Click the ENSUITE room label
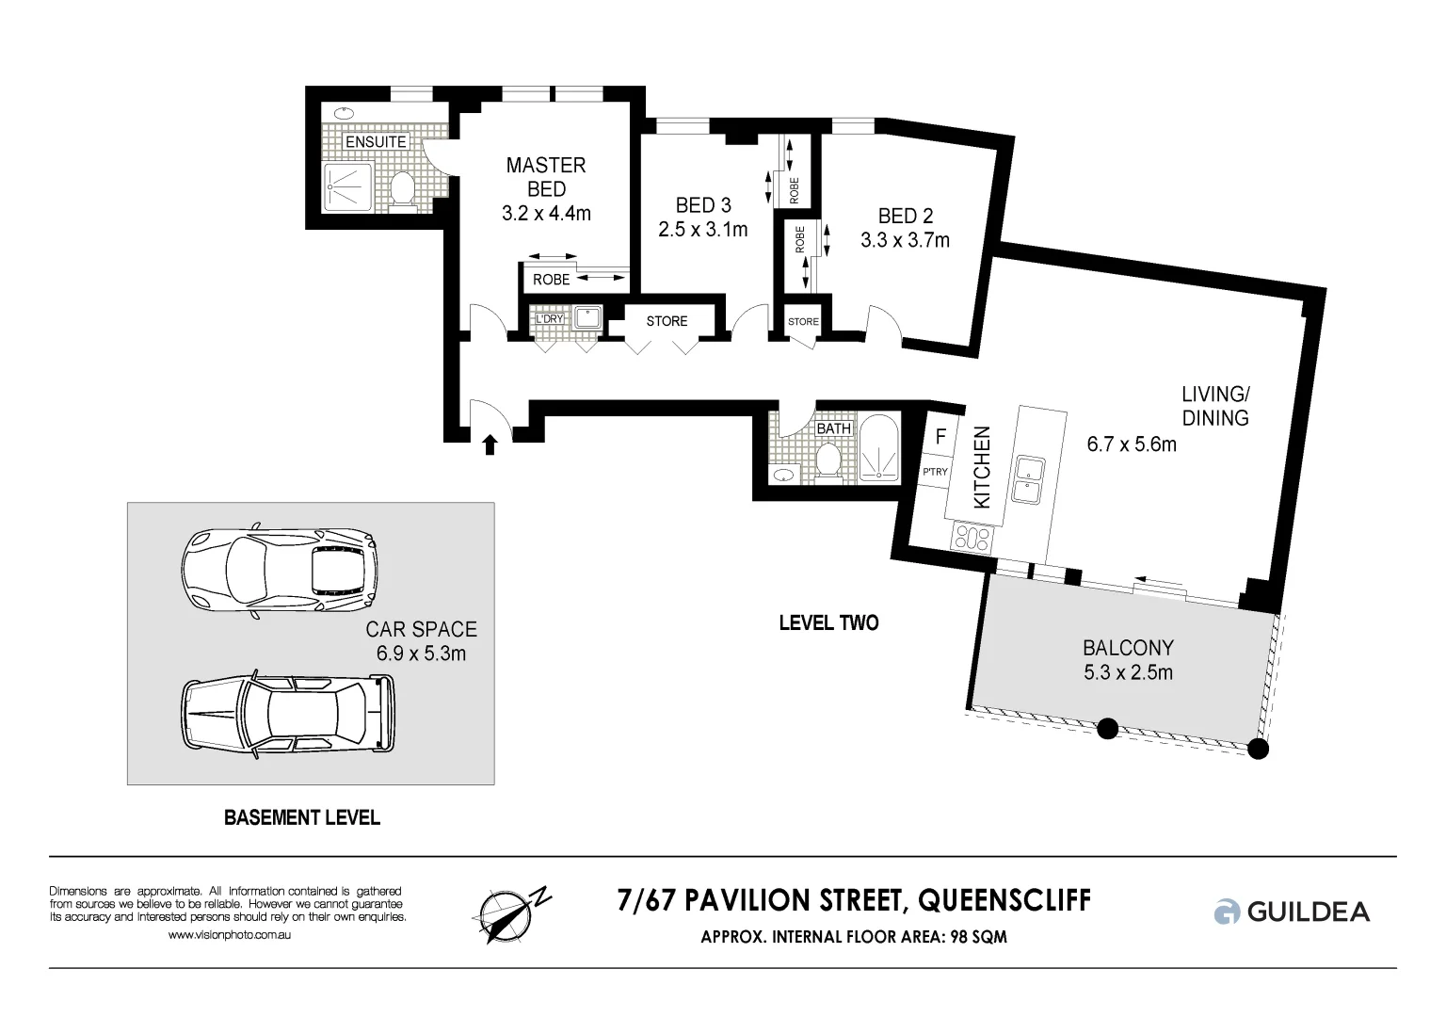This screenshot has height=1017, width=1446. pyautogui.click(x=376, y=142)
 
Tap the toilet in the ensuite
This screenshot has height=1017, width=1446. pyautogui.click(x=403, y=187)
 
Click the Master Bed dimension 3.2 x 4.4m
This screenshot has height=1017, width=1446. pyautogui.click(x=546, y=214)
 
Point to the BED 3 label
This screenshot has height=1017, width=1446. pyautogui.click(x=702, y=205)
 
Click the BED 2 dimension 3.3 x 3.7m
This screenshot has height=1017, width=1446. pyautogui.click(x=904, y=241)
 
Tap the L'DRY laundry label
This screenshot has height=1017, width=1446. pyautogui.click(x=549, y=318)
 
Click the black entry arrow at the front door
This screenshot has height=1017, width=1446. pyautogui.click(x=490, y=444)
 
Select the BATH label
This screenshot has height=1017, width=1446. pyautogui.click(x=833, y=428)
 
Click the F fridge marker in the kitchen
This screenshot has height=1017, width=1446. pyautogui.click(x=940, y=438)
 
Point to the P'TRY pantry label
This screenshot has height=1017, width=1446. pyautogui.click(x=935, y=472)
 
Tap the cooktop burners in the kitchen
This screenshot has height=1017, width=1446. pyautogui.click(x=972, y=539)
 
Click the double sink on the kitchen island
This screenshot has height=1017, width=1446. pyautogui.click(x=1026, y=478)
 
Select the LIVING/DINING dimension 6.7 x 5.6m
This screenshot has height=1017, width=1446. pyautogui.click(x=1131, y=444)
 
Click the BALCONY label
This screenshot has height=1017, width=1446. pyautogui.click(x=1127, y=648)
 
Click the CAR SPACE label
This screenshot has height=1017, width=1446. pyautogui.click(x=421, y=629)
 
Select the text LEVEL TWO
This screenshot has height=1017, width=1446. pyautogui.click(x=828, y=623)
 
